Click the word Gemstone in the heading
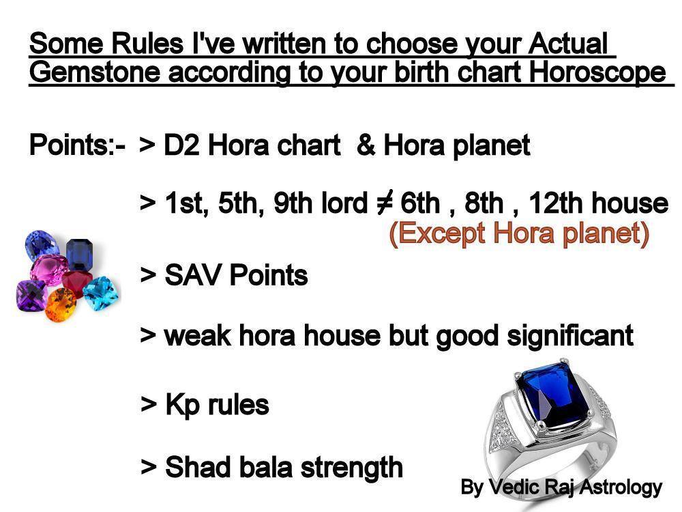tap(94, 73)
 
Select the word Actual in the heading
tap(568, 44)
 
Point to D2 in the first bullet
tap(181, 145)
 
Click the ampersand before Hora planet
tap(366, 145)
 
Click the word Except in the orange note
tap(436, 233)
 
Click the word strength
tap(351, 468)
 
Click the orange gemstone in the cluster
tap(61, 304)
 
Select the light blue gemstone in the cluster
tap(100, 293)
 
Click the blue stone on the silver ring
tap(553, 397)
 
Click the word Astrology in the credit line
tap(621, 487)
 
